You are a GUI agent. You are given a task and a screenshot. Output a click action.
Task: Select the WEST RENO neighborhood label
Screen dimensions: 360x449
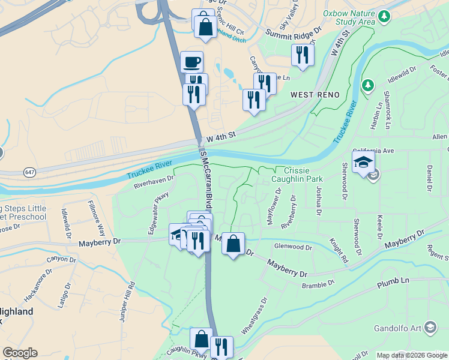[x=315, y=95]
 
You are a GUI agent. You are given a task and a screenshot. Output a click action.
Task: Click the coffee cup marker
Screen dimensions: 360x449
[x=192, y=62]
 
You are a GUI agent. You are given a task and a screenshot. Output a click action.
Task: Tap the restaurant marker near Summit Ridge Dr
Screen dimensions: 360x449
[x=302, y=55]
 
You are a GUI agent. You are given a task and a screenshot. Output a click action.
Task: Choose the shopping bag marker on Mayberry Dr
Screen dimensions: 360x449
[x=233, y=244]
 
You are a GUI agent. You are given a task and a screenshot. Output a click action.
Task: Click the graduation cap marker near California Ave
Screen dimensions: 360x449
[x=363, y=162]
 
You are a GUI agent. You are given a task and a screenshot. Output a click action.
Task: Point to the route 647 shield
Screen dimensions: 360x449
[x=29, y=172]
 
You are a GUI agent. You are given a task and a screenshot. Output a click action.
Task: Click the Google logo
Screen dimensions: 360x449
[x=20, y=353]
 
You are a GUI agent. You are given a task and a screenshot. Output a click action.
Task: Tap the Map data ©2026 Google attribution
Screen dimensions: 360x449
[x=412, y=355]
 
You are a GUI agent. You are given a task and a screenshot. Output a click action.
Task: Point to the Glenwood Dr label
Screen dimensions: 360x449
[x=293, y=247]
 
